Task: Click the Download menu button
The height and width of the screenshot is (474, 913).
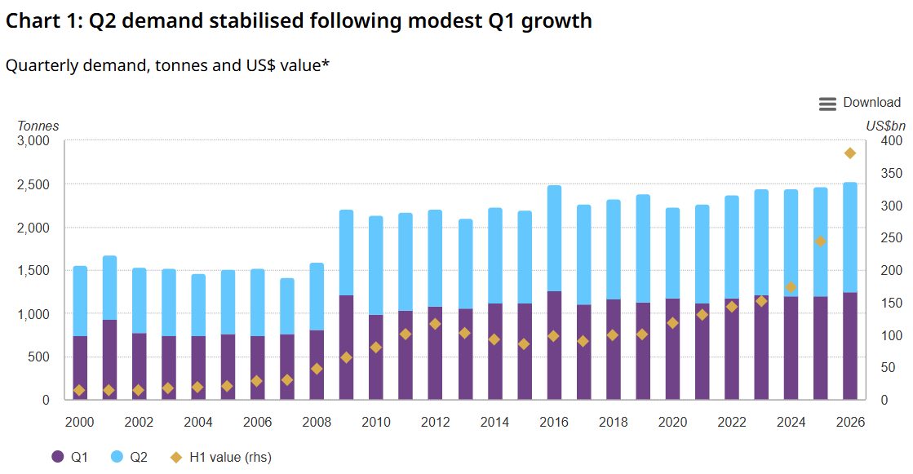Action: click(859, 103)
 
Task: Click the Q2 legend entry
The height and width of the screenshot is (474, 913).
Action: click(129, 457)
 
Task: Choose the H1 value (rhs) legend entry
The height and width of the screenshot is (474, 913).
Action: click(220, 457)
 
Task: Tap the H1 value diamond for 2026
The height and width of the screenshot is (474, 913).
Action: click(849, 153)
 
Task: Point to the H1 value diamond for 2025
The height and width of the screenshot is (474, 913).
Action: click(820, 241)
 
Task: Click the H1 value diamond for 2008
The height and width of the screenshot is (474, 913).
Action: click(317, 369)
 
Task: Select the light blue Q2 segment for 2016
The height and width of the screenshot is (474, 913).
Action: click(554, 238)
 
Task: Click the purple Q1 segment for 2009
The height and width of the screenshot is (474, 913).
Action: click(346, 348)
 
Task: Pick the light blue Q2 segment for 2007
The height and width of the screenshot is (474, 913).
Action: click(287, 306)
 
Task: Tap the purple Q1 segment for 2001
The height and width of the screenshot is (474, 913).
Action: click(109, 360)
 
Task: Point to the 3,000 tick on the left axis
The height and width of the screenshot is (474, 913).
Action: click(33, 141)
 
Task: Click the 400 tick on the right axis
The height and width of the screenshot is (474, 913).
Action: click(891, 141)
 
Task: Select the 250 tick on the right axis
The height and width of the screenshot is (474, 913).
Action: click(891, 238)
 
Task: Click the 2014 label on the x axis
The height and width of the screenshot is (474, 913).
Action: click(494, 422)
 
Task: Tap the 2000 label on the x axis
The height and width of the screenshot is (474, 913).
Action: click(79, 422)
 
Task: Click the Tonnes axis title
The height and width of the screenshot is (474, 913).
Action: click(38, 126)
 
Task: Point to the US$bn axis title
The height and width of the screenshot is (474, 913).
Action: click(885, 126)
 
